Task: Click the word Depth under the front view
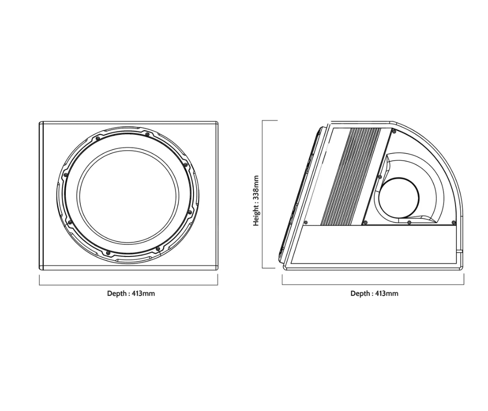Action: pyautogui.click(x=116, y=294)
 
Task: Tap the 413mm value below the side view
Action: pyautogui.click(x=387, y=294)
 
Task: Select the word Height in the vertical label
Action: pyautogui.click(x=256, y=216)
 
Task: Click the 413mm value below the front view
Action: pyautogui.click(x=143, y=294)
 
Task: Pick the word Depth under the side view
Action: pyautogui.click(x=360, y=294)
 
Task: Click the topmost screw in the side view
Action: pyautogui.click(x=394, y=132)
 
